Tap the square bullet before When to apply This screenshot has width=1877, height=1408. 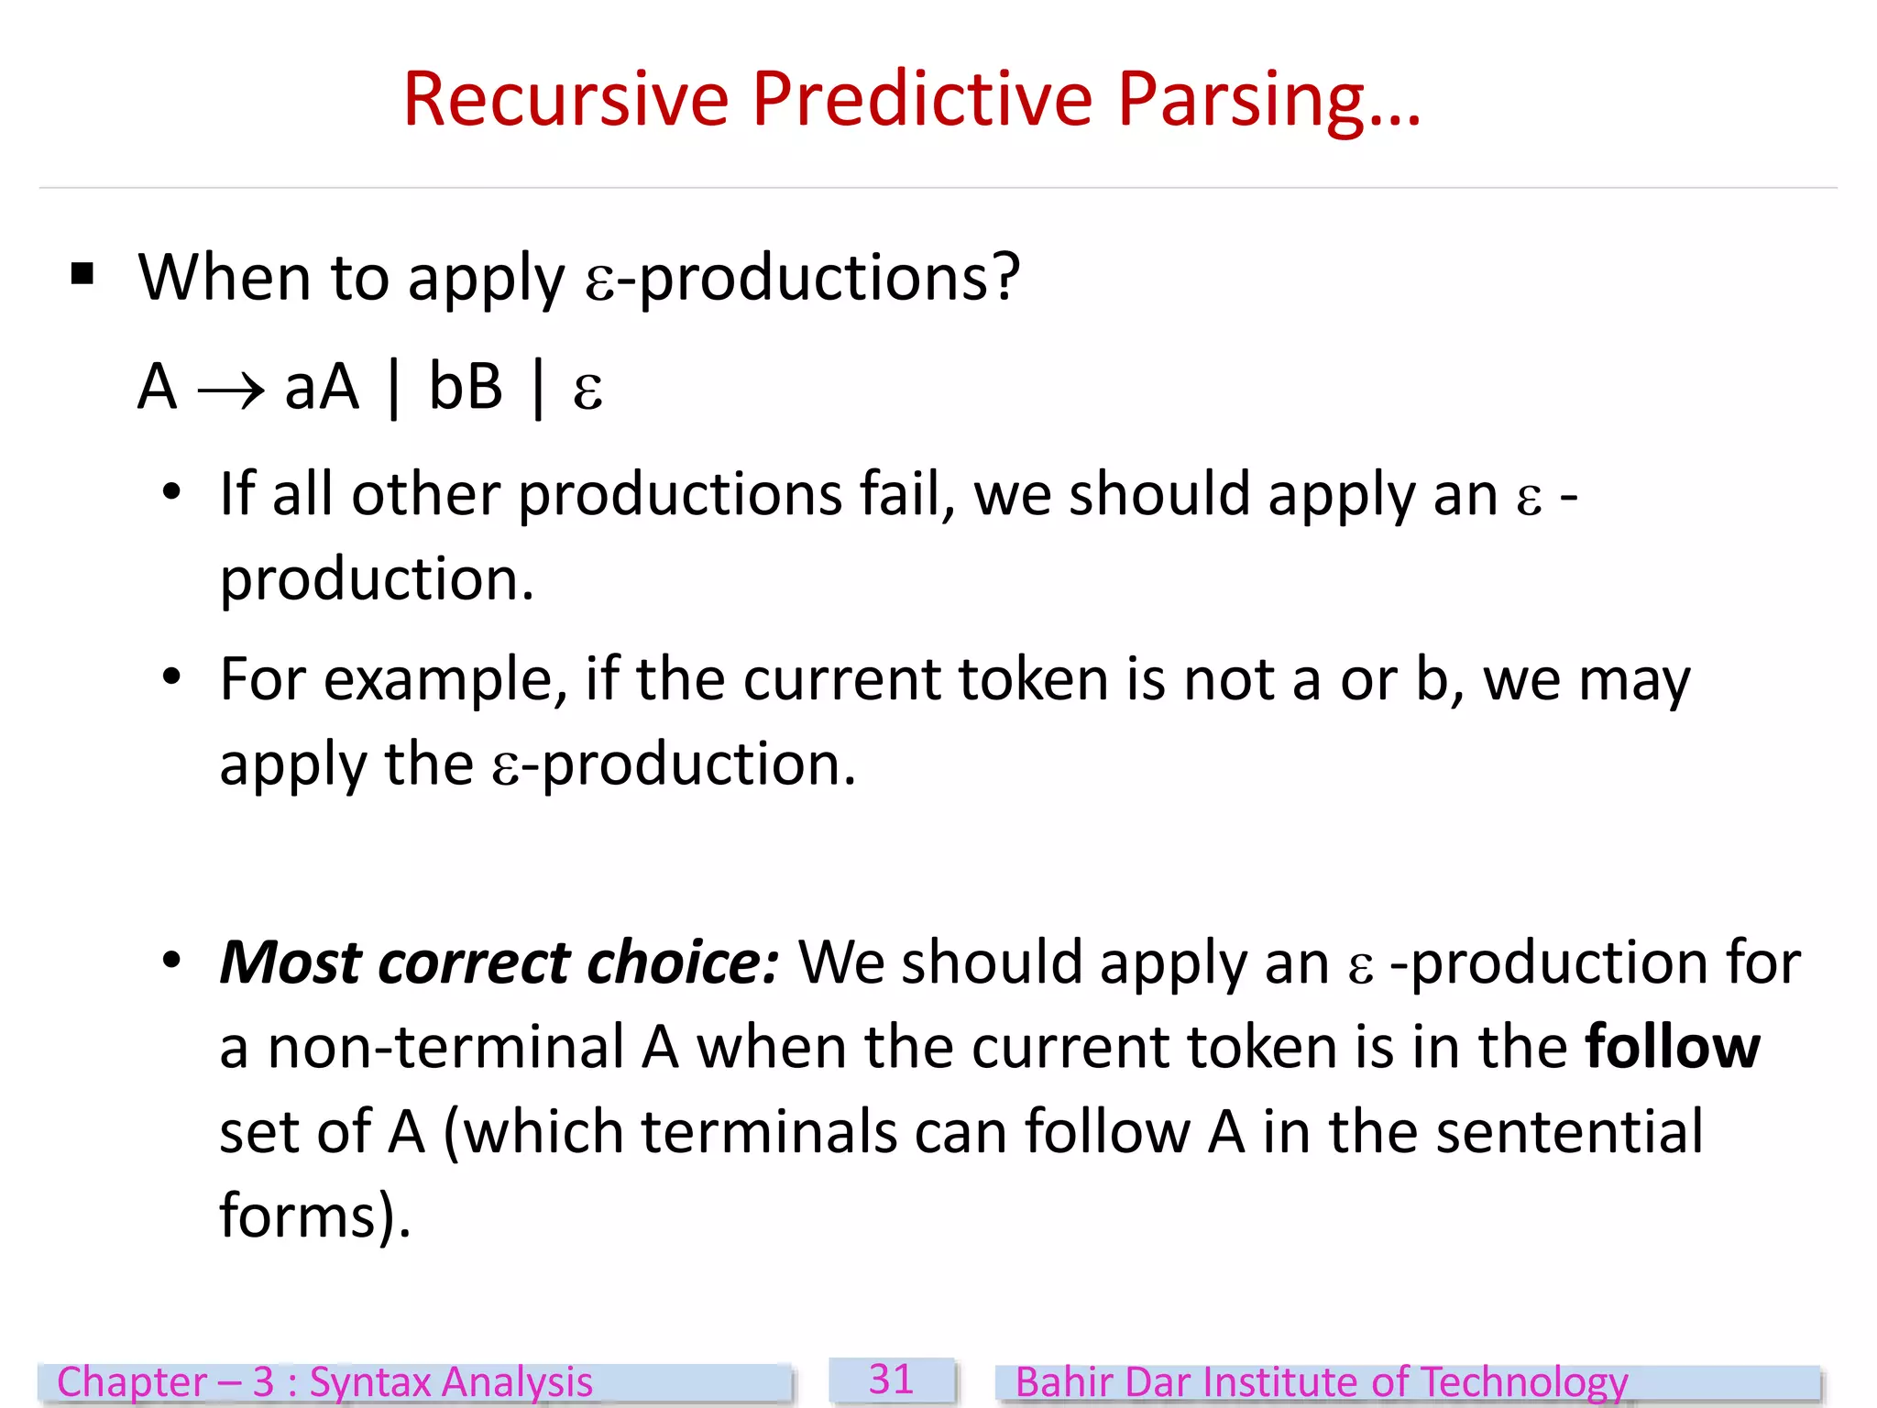coord(82,273)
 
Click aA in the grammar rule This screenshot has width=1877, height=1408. coord(322,387)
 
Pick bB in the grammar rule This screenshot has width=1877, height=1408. coord(466,387)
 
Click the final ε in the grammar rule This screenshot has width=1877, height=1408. coord(587,390)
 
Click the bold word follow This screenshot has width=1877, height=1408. coord(1672,1047)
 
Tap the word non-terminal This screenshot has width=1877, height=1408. coord(445,1047)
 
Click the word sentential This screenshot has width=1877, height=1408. coord(1568,1131)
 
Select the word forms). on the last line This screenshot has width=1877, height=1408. coord(314,1216)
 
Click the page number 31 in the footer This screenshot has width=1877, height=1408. coord(891,1380)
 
